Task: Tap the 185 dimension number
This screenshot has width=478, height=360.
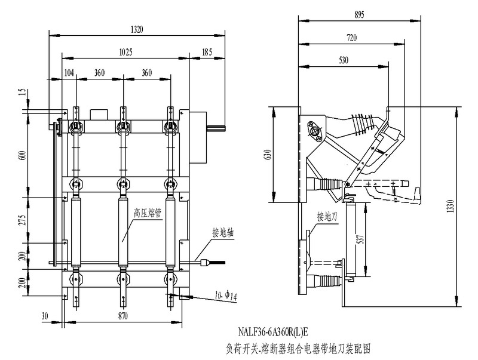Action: click(x=207, y=52)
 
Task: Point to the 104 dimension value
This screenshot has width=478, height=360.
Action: click(x=70, y=73)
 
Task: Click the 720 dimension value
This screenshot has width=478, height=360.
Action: click(x=351, y=38)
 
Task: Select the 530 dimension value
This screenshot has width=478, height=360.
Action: click(x=344, y=60)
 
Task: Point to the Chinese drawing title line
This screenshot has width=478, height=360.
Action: click(x=298, y=347)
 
